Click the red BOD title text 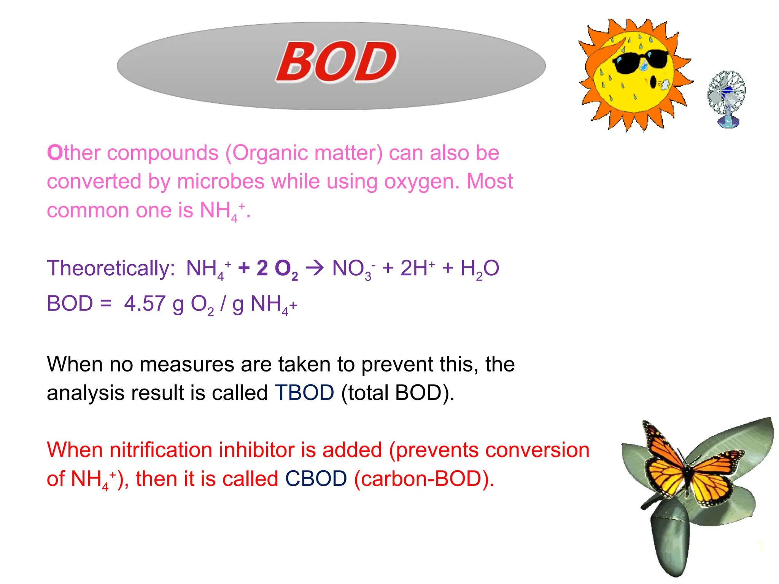tap(337, 62)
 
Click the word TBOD tap(304, 392)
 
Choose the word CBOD tap(316, 478)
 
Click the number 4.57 tap(145, 303)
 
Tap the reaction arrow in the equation tap(315, 268)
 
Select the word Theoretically tap(111, 268)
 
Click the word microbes tap(221, 181)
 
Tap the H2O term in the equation tap(479, 268)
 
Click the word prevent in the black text tap(397, 365)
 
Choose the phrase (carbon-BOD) tap(424, 478)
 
